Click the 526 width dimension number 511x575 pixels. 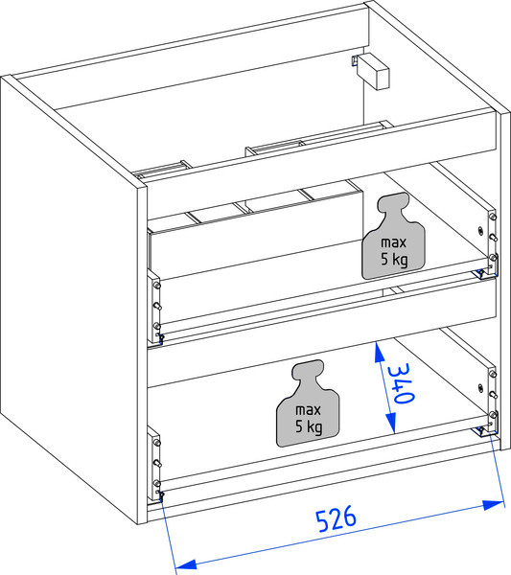[336, 518]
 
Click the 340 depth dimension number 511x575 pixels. [401, 383]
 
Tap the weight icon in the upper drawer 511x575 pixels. [394, 236]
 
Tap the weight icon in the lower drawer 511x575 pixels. [308, 403]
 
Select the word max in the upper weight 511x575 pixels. [394, 242]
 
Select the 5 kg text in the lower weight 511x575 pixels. [309, 426]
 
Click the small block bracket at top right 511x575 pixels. [373, 71]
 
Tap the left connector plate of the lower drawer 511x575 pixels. [154, 463]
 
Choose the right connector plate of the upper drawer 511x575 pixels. [492, 241]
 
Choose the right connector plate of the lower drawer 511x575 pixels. [493, 399]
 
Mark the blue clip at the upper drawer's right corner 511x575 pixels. [479, 273]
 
